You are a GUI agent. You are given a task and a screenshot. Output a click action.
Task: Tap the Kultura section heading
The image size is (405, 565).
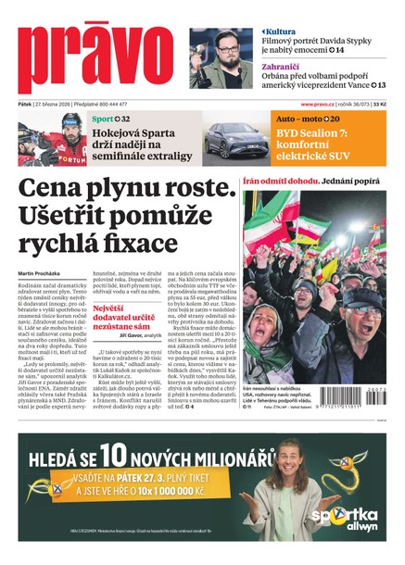pos(281,31)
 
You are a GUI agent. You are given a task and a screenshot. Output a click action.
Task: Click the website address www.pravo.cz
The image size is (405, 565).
pos(321,105)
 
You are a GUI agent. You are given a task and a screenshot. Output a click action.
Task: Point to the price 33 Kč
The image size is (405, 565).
pos(380,105)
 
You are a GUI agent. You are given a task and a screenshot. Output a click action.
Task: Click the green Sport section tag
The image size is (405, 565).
pos(104,119)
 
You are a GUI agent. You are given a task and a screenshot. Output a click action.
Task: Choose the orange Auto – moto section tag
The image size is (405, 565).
pos(299,119)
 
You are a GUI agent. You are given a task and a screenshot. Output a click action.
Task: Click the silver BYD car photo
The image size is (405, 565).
pos(236,140)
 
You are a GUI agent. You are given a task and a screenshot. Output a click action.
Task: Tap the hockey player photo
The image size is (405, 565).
pos(52,140)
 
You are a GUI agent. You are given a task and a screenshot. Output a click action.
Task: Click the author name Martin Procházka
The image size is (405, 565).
pos(42,272)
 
